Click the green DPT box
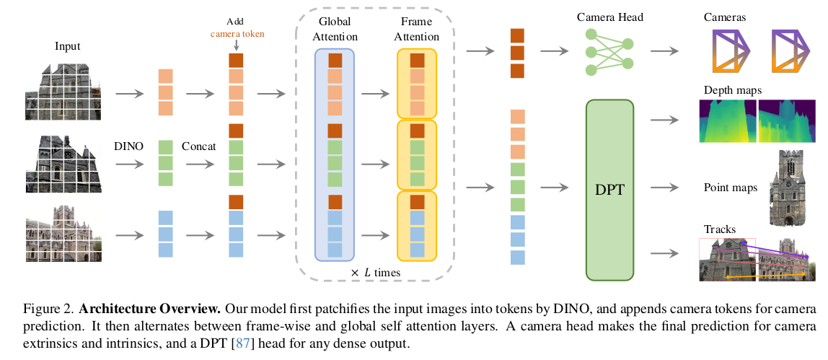click(x=609, y=189)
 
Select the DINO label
click(x=128, y=146)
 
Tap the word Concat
click(x=198, y=146)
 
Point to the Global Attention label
click(x=334, y=30)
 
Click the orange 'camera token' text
click(x=237, y=32)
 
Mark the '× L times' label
click(x=375, y=272)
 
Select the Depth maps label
click(x=733, y=90)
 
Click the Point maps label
click(x=730, y=188)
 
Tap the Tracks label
click(x=718, y=230)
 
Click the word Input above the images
click(x=68, y=46)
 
